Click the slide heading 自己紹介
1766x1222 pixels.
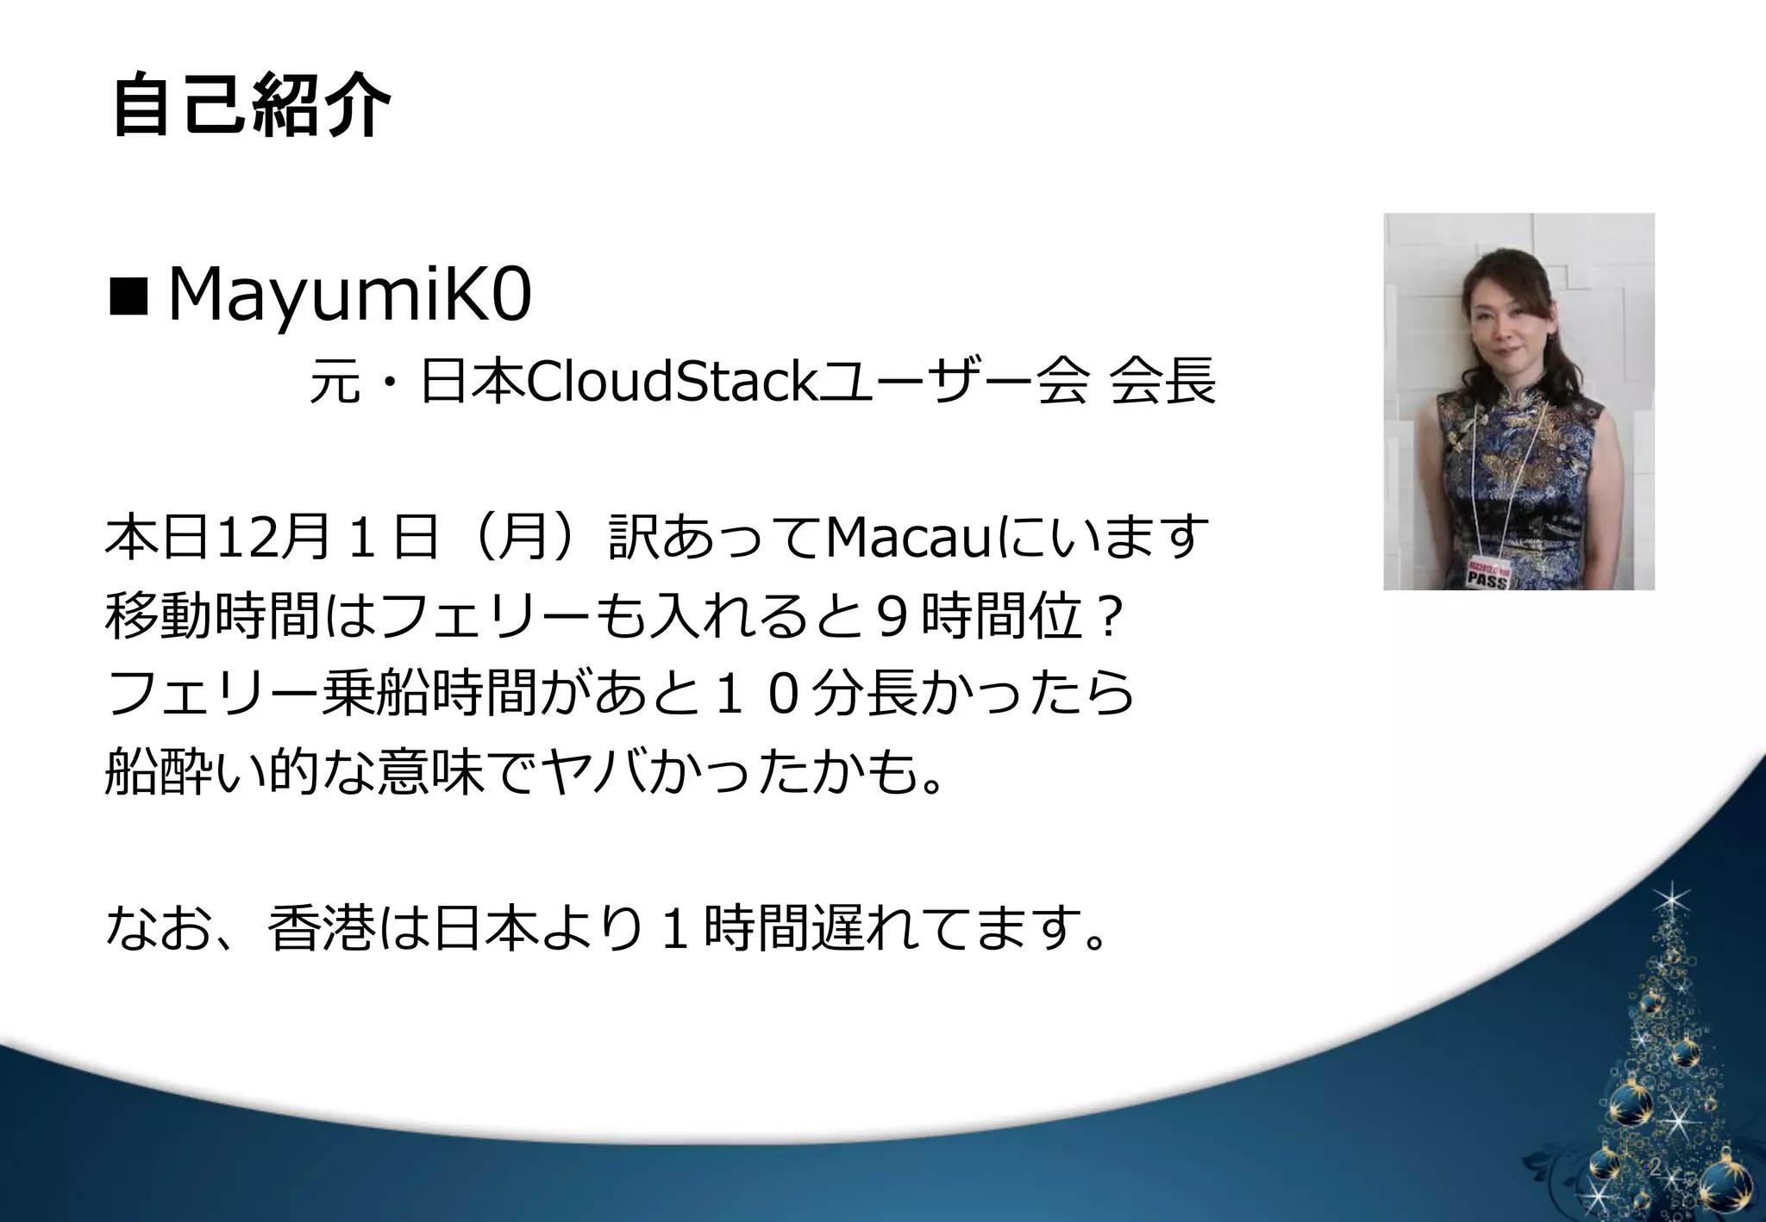pyautogui.click(x=250, y=106)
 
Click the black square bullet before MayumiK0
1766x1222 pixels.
pyautogui.click(x=128, y=298)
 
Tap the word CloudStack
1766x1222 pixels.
pyautogui.click(x=671, y=382)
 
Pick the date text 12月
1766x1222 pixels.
pyautogui.click(x=271, y=537)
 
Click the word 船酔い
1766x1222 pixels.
pyautogui.click(x=185, y=772)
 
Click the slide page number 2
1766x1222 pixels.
pyautogui.click(x=1655, y=1168)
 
